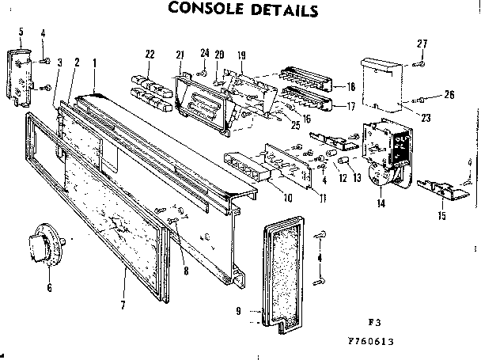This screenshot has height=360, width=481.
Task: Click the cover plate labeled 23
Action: click(384, 83)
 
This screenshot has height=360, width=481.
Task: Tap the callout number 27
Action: click(422, 44)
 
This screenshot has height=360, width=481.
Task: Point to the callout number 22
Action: click(147, 54)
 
